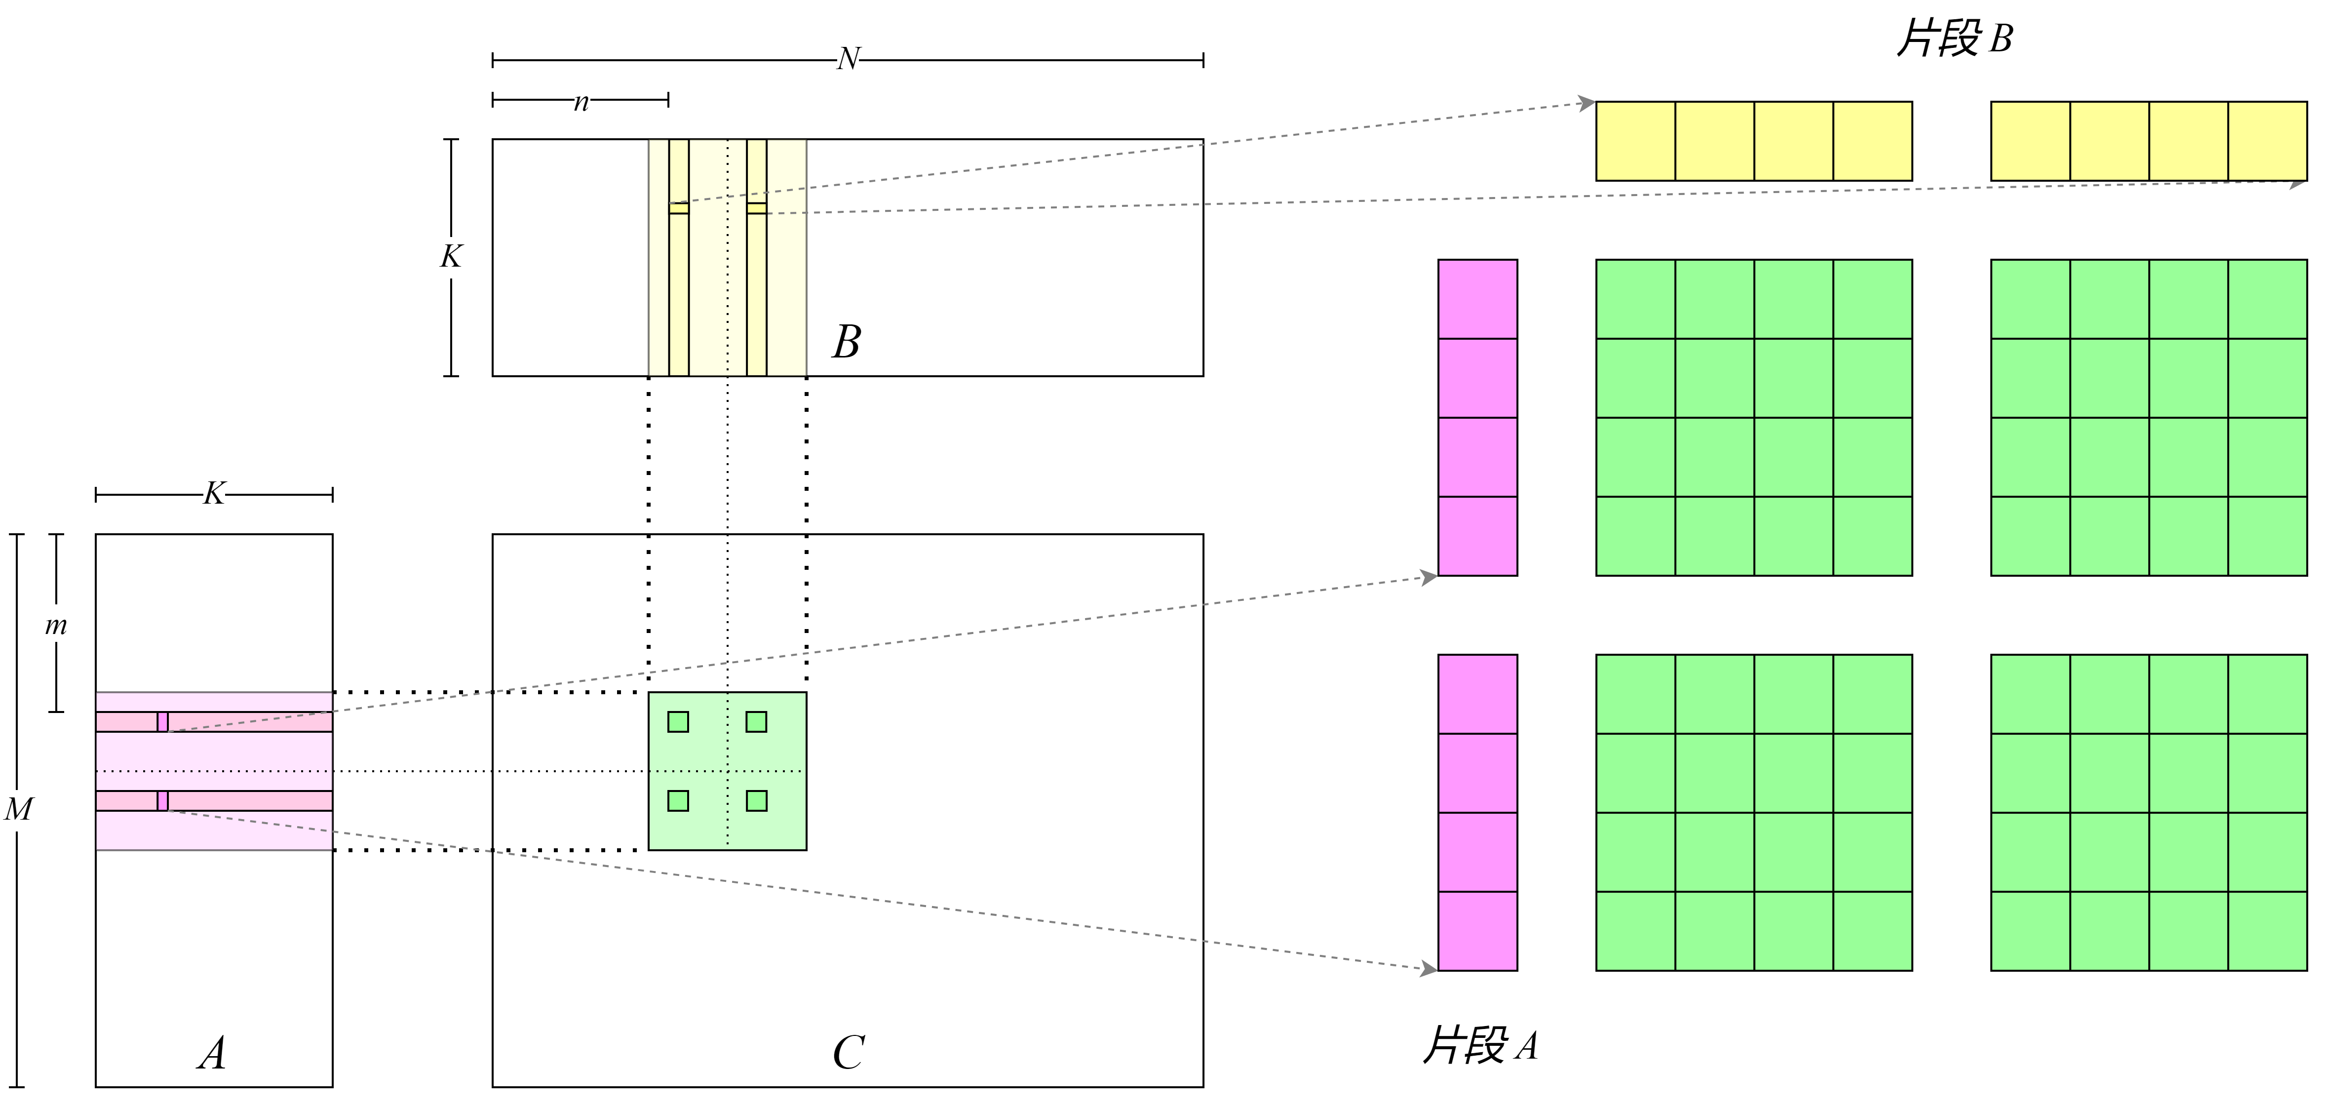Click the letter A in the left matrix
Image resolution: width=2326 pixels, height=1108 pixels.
coord(212,1053)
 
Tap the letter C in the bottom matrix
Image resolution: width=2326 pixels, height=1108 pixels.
coord(848,1053)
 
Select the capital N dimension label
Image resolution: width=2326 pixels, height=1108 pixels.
coord(848,60)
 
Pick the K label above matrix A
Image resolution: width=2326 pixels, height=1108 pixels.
coord(214,494)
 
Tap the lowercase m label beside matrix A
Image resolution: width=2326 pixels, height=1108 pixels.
coord(56,625)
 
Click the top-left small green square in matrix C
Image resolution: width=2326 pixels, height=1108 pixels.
coord(678,721)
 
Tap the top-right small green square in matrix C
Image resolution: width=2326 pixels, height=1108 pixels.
coord(757,721)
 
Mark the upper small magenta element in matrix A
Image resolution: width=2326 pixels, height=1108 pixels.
coord(162,721)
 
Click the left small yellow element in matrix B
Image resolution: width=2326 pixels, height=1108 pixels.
coord(678,208)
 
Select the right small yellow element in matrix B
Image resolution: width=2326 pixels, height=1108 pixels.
coord(757,208)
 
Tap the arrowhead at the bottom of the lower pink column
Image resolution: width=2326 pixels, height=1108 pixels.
coord(1430,969)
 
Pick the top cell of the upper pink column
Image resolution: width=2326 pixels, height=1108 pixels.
coord(1477,300)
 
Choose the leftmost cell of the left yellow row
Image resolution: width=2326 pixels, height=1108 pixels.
coord(1636,141)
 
